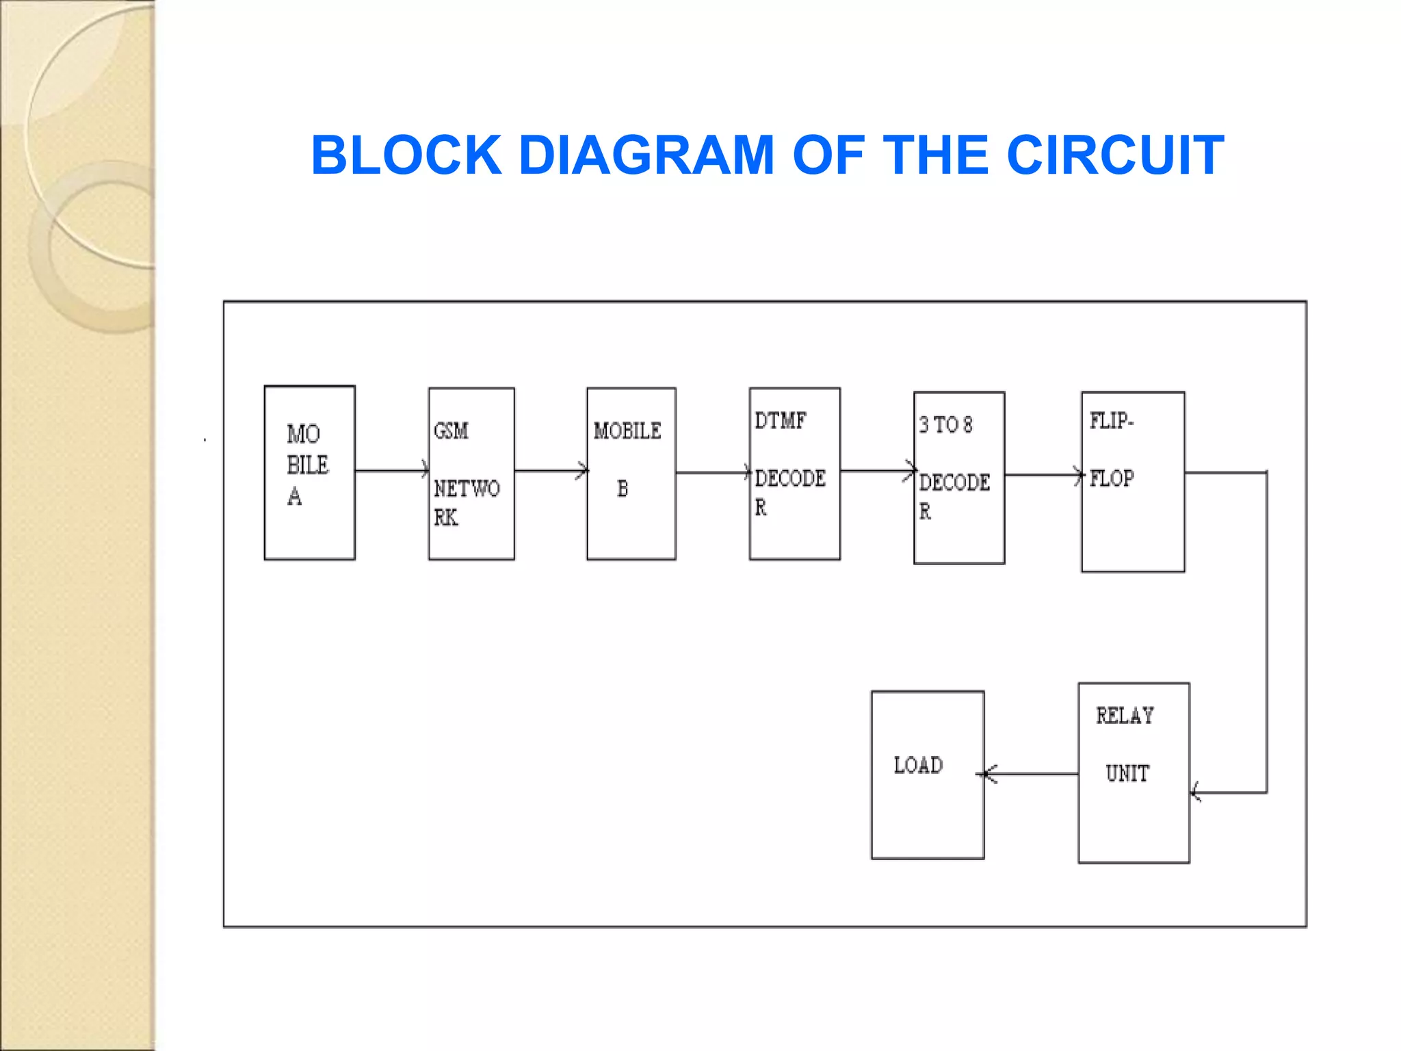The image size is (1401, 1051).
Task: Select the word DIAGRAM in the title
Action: [646, 155]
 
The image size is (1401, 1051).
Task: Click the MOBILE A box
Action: [309, 473]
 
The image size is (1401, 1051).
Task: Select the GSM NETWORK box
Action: [471, 473]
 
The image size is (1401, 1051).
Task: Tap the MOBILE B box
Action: [631, 473]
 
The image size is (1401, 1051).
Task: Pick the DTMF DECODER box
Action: [794, 473]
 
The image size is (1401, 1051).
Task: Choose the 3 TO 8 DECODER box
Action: [959, 478]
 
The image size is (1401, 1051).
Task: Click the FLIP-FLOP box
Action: [1133, 481]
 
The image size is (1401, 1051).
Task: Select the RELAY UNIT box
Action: [1134, 773]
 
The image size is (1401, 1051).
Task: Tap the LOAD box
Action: [928, 775]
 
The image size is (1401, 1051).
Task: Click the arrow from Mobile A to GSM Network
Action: [391, 471]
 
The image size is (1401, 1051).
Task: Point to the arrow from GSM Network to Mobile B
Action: [550, 471]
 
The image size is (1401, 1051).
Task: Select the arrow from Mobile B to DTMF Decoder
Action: [712, 472]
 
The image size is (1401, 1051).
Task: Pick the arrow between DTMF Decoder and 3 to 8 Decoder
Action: [877, 471]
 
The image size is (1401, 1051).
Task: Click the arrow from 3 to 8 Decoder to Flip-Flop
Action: [1043, 475]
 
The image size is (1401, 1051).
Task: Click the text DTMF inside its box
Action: [781, 420]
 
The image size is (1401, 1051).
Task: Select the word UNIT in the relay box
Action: [1127, 773]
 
